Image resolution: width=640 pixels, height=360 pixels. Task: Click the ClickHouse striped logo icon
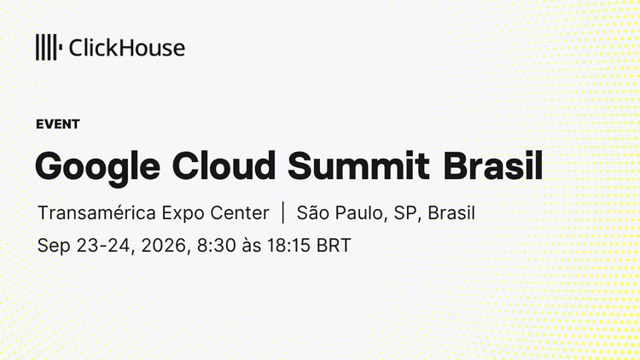pyautogui.click(x=49, y=48)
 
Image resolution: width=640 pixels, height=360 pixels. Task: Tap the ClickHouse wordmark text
pyautogui.click(x=127, y=48)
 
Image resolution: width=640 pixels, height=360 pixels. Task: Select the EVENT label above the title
pyautogui.click(x=58, y=124)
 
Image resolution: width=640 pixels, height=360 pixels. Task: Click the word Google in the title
pyautogui.click(x=97, y=167)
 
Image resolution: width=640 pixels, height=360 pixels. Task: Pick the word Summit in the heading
pyautogui.click(x=358, y=165)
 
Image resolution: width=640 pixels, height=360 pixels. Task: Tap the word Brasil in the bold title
pyautogui.click(x=493, y=165)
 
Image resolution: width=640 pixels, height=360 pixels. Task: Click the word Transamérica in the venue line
pyautogui.click(x=96, y=213)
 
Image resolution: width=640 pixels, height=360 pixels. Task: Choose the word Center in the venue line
pyautogui.click(x=240, y=213)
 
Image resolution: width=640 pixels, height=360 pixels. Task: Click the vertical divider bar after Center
pyautogui.click(x=283, y=212)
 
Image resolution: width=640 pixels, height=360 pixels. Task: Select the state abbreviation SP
pyautogui.click(x=408, y=213)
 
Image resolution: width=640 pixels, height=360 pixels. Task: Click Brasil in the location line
pyautogui.click(x=451, y=213)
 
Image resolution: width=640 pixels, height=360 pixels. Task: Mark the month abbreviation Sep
pyautogui.click(x=54, y=247)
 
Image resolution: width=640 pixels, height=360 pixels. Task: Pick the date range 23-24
pyautogui.click(x=106, y=246)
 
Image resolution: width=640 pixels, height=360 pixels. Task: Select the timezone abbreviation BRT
pyautogui.click(x=334, y=246)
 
